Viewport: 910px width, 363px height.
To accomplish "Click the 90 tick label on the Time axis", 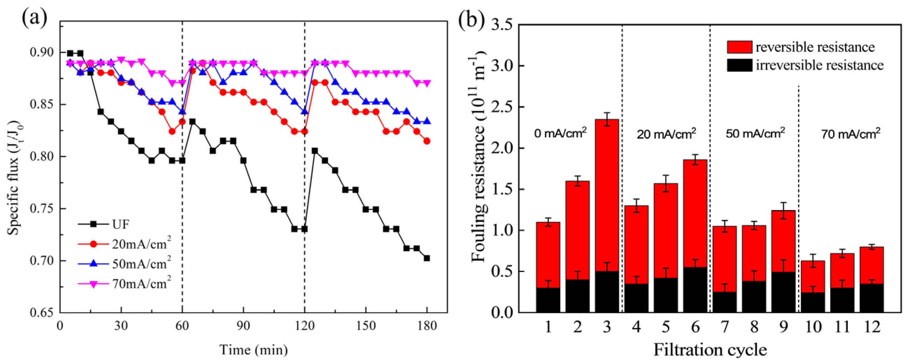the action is click(x=243, y=326).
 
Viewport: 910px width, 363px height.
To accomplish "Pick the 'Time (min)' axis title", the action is click(x=254, y=350).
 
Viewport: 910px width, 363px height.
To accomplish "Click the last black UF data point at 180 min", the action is click(x=427, y=258).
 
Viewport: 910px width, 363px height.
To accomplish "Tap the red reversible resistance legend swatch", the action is click(x=739, y=47).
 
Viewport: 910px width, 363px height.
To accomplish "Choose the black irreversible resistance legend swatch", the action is click(x=739, y=65).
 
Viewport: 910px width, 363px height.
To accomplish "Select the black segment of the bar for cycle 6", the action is click(x=695, y=290).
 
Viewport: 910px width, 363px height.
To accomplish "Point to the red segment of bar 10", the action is click(x=812, y=277).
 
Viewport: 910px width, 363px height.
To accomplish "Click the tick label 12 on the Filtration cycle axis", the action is click(x=872, y=327).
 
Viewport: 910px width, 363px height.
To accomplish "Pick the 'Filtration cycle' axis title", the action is click(x=710, y=350).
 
